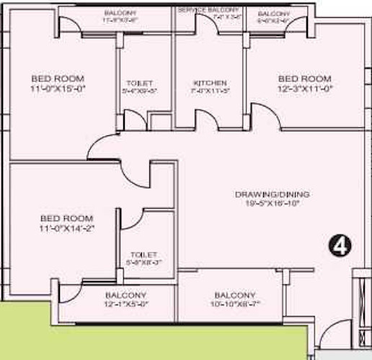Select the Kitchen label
[x=211, y=83]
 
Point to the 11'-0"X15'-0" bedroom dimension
[x=58, y=89]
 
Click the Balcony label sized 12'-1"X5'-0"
[x=125, y=295]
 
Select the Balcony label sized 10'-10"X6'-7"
[x=235, y=295]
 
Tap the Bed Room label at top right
[x=304, y=78]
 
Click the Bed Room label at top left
[x=58, y=78]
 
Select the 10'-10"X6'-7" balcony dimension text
[x=235, y=305]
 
